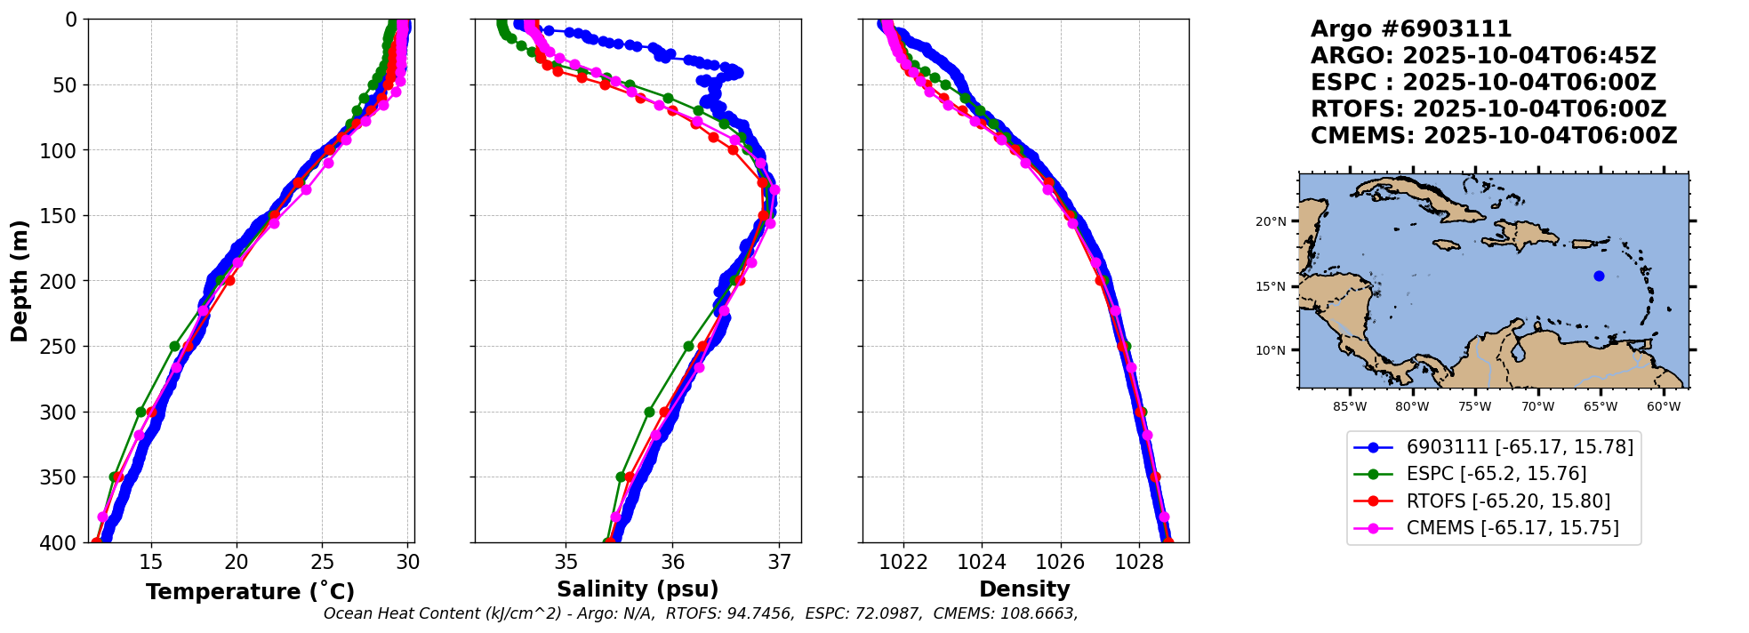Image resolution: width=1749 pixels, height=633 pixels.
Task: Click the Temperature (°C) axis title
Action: (x=250, y=592)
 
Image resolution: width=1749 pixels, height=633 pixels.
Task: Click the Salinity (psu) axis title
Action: (x=638, y=589)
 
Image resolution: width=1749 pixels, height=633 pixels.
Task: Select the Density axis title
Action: (x=1024, y=589)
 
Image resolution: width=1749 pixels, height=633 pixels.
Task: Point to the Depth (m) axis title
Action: (x=19, y=280)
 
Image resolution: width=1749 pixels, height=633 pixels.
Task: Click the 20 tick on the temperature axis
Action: (x=237, y=563)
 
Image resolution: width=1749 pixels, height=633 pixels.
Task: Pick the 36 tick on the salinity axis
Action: (x=673, y=563)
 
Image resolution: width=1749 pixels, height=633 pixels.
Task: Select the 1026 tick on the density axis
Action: (x=1060, y=563)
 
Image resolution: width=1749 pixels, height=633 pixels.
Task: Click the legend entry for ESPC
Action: (x=1496, y=474)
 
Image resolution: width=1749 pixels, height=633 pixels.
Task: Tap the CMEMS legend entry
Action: (x=1512, y=528)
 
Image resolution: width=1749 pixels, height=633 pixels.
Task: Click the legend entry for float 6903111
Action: (x=1520, y=447)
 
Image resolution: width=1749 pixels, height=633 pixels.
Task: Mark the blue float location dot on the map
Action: (x=1599, y=276)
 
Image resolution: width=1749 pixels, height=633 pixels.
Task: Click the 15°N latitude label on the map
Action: (x=1271, y=286)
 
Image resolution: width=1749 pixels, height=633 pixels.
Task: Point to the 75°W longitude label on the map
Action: (x=1474, y=407)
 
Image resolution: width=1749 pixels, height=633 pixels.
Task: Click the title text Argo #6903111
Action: (x=1411, y=29)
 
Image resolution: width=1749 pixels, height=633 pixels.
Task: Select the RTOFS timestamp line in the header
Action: (x=1488, y=109)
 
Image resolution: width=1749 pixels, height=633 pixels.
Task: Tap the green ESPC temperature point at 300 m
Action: (x=140, y=412)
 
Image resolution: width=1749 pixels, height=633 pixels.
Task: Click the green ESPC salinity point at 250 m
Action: (x=688, y=346)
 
